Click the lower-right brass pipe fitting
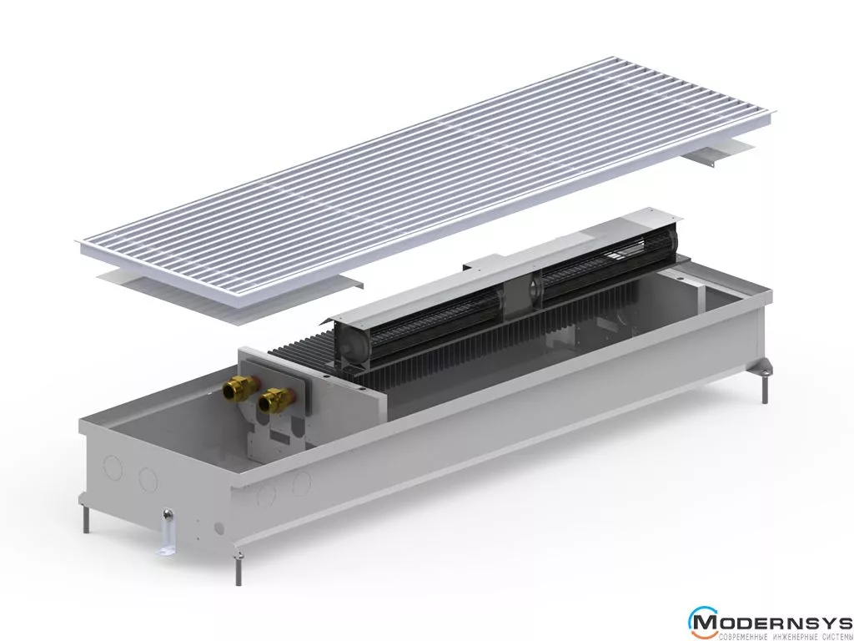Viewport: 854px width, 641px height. point(275,400)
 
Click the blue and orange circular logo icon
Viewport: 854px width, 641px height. point(701,622)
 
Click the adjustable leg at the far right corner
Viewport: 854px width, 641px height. point(765,381)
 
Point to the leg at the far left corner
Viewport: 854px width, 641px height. point(86,518)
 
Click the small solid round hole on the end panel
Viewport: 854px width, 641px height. point(219,528)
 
